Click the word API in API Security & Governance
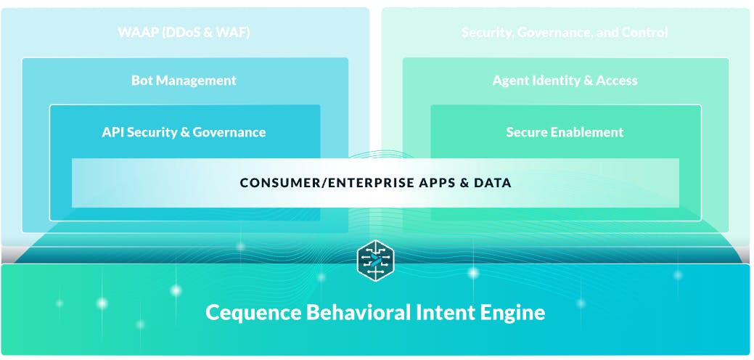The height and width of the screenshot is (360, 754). [112, 131]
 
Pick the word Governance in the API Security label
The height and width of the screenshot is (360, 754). [229, 131]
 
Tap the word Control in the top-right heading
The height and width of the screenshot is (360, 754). [645, 33]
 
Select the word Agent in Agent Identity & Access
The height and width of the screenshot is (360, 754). [509, 81]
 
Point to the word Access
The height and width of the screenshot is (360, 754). [617, 81]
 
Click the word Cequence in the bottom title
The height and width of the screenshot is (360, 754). [254, 312]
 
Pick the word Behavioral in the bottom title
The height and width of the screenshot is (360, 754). [358, 312]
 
